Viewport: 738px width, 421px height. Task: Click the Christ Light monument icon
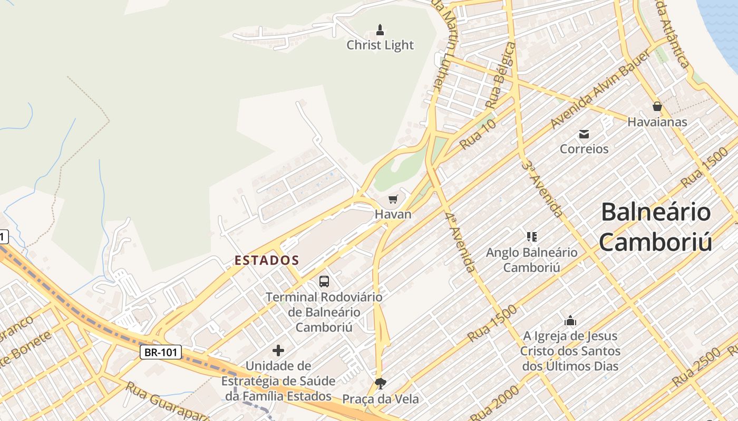(x=380, y=30)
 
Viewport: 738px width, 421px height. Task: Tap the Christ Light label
(x=380, y=45)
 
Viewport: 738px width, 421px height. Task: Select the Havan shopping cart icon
(x=393, y=199)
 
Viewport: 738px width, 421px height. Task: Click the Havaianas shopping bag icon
(x=657, y=107)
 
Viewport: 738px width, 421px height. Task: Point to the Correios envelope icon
(x=584, y=134)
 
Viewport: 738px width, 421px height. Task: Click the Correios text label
(x=584, y=149)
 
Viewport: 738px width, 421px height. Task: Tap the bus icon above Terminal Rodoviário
(x=324, y=282)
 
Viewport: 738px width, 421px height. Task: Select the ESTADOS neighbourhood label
(x=267, y=260)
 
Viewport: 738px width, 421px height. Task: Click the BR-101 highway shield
(x=161, y=352)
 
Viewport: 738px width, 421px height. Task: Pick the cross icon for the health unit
(x=278, y=350)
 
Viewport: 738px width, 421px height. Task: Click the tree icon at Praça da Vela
(x=380, y=383)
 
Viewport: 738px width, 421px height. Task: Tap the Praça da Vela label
(x=381, y=399)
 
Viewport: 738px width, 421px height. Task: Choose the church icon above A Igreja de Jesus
(x=570, y=320)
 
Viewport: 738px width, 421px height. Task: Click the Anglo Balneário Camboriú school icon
(x=531, y=237)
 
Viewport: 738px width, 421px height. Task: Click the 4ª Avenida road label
(x=459, y=243)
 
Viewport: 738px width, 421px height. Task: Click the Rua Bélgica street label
(x=501, y=76)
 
